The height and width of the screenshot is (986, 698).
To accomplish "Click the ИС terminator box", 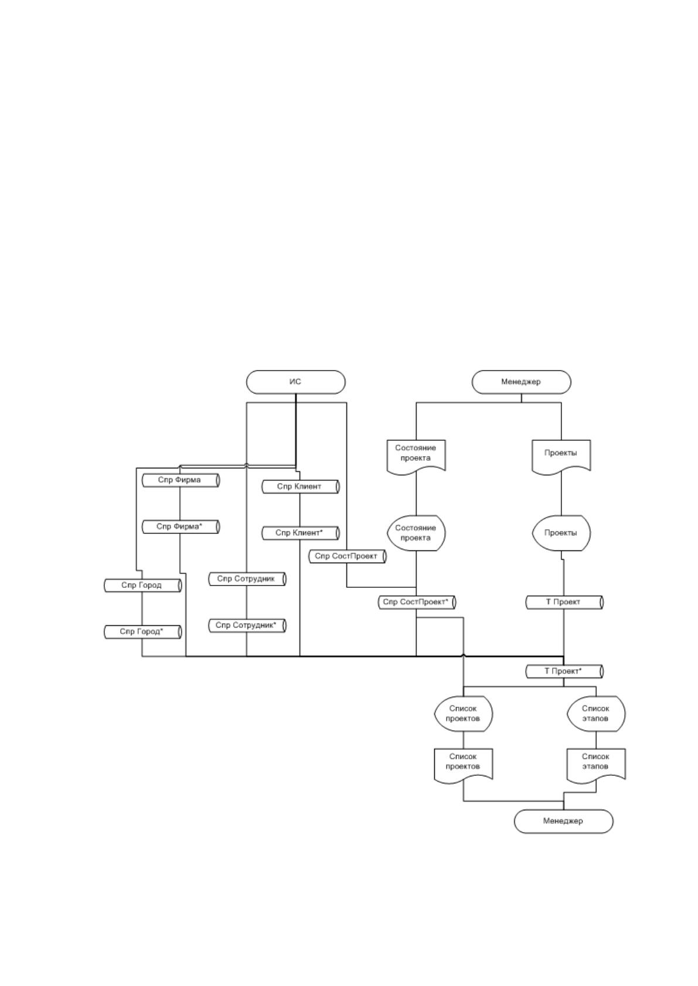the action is point(295,382).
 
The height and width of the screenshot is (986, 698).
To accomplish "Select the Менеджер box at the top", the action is point(521,382).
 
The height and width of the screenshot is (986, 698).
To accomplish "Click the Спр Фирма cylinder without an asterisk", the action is point(181,480).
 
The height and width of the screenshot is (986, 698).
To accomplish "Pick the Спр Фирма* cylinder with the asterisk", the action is point(181,527).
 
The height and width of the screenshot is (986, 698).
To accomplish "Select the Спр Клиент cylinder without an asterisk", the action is point(301,487).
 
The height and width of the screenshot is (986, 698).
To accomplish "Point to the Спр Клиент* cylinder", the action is point(301,533).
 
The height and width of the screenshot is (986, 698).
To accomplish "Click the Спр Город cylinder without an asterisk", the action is point(143,586).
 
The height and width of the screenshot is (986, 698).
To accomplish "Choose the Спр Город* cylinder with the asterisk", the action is point(143,632).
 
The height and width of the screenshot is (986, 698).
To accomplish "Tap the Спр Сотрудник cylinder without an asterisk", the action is point(247,579).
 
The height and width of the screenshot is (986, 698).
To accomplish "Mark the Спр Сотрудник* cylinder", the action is point(247,625).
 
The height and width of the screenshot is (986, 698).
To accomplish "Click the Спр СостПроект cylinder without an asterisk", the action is point(347,556).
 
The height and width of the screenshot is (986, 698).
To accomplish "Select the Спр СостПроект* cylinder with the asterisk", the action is point(417,602).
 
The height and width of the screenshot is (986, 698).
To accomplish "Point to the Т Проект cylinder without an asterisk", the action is point(564,602).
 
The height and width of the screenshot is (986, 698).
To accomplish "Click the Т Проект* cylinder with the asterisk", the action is point(564,672).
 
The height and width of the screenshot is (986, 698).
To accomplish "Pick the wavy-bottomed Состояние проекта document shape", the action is point(416,457).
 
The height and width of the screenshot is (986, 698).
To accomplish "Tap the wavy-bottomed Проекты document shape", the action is point(561,457).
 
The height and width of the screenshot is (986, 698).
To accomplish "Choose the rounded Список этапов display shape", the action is point(596,714).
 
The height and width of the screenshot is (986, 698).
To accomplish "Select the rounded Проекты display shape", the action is point(561,533).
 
